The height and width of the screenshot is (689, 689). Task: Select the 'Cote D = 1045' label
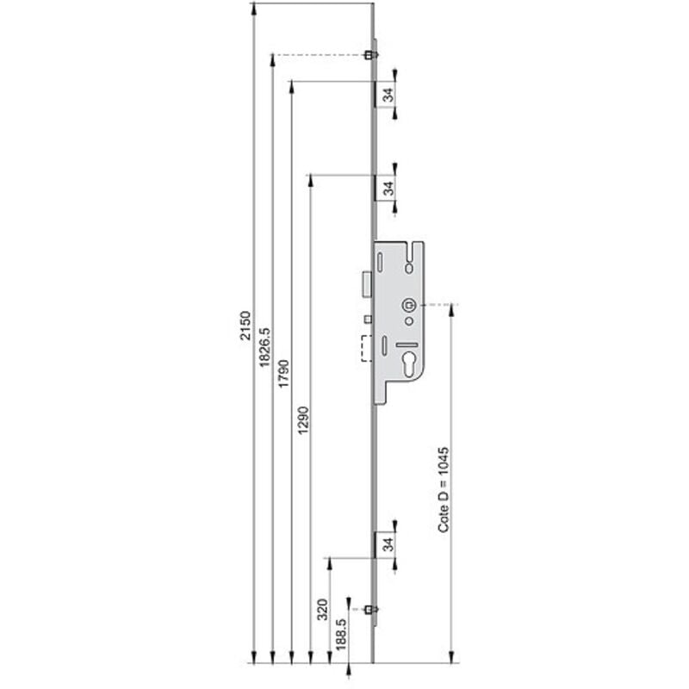444,489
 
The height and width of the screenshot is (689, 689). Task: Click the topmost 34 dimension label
388,95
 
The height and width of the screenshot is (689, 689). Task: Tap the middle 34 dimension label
388,187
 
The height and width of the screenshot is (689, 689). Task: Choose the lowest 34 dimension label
388,544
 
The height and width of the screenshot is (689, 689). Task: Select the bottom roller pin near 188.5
369,610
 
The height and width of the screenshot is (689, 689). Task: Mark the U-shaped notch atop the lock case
418,252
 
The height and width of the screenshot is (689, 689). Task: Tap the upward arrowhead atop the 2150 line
254,9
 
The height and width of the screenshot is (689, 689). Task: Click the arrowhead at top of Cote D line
451,309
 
